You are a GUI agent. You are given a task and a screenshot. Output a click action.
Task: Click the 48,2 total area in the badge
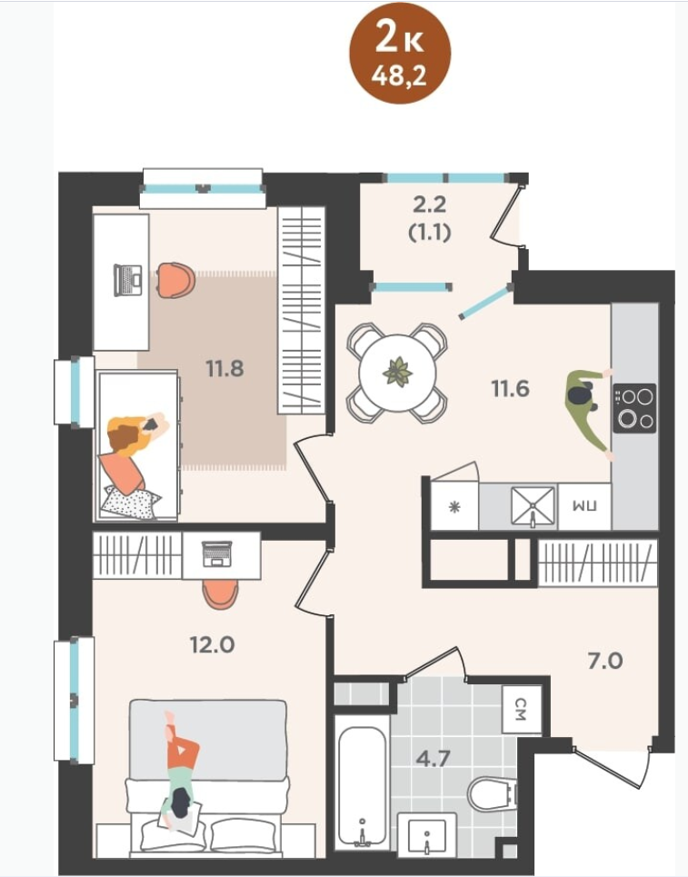point(399,75)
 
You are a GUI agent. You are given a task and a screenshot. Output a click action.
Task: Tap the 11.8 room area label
point(224,369)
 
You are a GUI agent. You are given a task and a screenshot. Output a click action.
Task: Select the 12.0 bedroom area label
point(213,645)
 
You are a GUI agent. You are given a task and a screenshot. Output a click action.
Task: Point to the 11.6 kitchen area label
point(510,388)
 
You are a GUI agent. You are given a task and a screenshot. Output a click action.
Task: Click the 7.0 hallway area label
point(605,661)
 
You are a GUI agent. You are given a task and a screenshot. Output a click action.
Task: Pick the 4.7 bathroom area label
point(434,759)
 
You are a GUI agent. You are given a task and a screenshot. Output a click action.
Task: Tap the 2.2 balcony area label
point(430,204)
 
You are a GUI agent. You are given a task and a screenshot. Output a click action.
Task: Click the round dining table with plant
point(397,373)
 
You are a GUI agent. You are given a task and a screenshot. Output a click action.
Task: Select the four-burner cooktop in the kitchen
point(634,408)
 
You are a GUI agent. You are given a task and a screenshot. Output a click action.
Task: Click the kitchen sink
point(533,507)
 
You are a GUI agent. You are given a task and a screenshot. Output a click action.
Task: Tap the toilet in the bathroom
point(492,793)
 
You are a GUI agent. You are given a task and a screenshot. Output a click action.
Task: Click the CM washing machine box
point(522,709)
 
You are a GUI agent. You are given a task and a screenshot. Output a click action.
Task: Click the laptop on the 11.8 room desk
point(128,280)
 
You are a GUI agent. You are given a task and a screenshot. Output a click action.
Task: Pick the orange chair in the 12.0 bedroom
point(220,594)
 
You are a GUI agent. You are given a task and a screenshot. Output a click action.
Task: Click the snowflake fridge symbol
point(454,507)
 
